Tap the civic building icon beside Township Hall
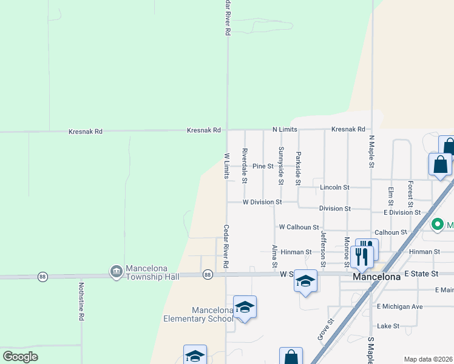tap(116, 272)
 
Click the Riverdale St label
tap(245, 165)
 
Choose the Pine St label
tap(263, 166)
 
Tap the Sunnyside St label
tap(281, 161)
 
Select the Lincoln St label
tap(334, 187)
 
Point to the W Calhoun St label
tap(299, 227)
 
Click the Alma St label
tap(274, 257)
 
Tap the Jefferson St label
tap(324, 249)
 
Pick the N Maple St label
tap(371, 152)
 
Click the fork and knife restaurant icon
tap(362, 255)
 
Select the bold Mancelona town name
tap(377, 277)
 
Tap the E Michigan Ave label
tap(399, 306)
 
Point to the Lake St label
tap(388, 326)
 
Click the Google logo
tap(21, 356)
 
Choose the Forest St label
tap(410, 193)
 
